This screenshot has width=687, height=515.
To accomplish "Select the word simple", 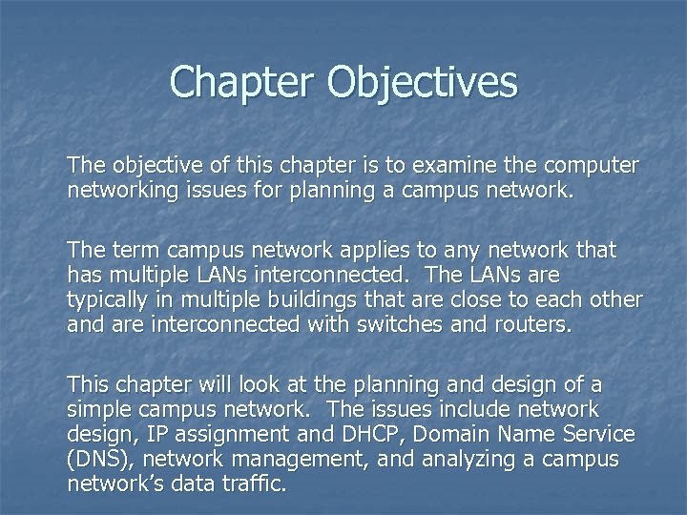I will tap(101, 408).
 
